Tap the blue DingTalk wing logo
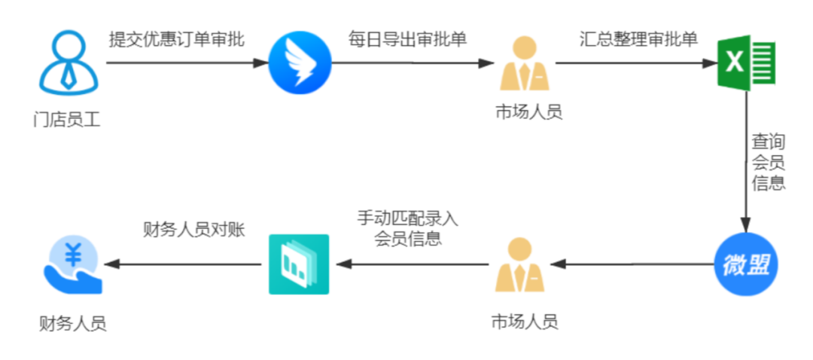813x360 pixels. (x=300, y=63)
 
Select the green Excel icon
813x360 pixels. (x=748, y=63)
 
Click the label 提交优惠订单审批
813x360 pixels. (x=176, y=40)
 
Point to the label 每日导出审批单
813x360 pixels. (x=407, y=40)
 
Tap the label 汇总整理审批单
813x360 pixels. (x=639, y=40)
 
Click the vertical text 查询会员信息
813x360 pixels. (x=769, y=163)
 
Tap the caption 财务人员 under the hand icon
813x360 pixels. (x=72, y=324)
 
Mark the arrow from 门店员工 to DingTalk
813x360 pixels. (x=187, y=63)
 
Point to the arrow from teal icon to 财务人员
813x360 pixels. (x=182, y=264)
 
